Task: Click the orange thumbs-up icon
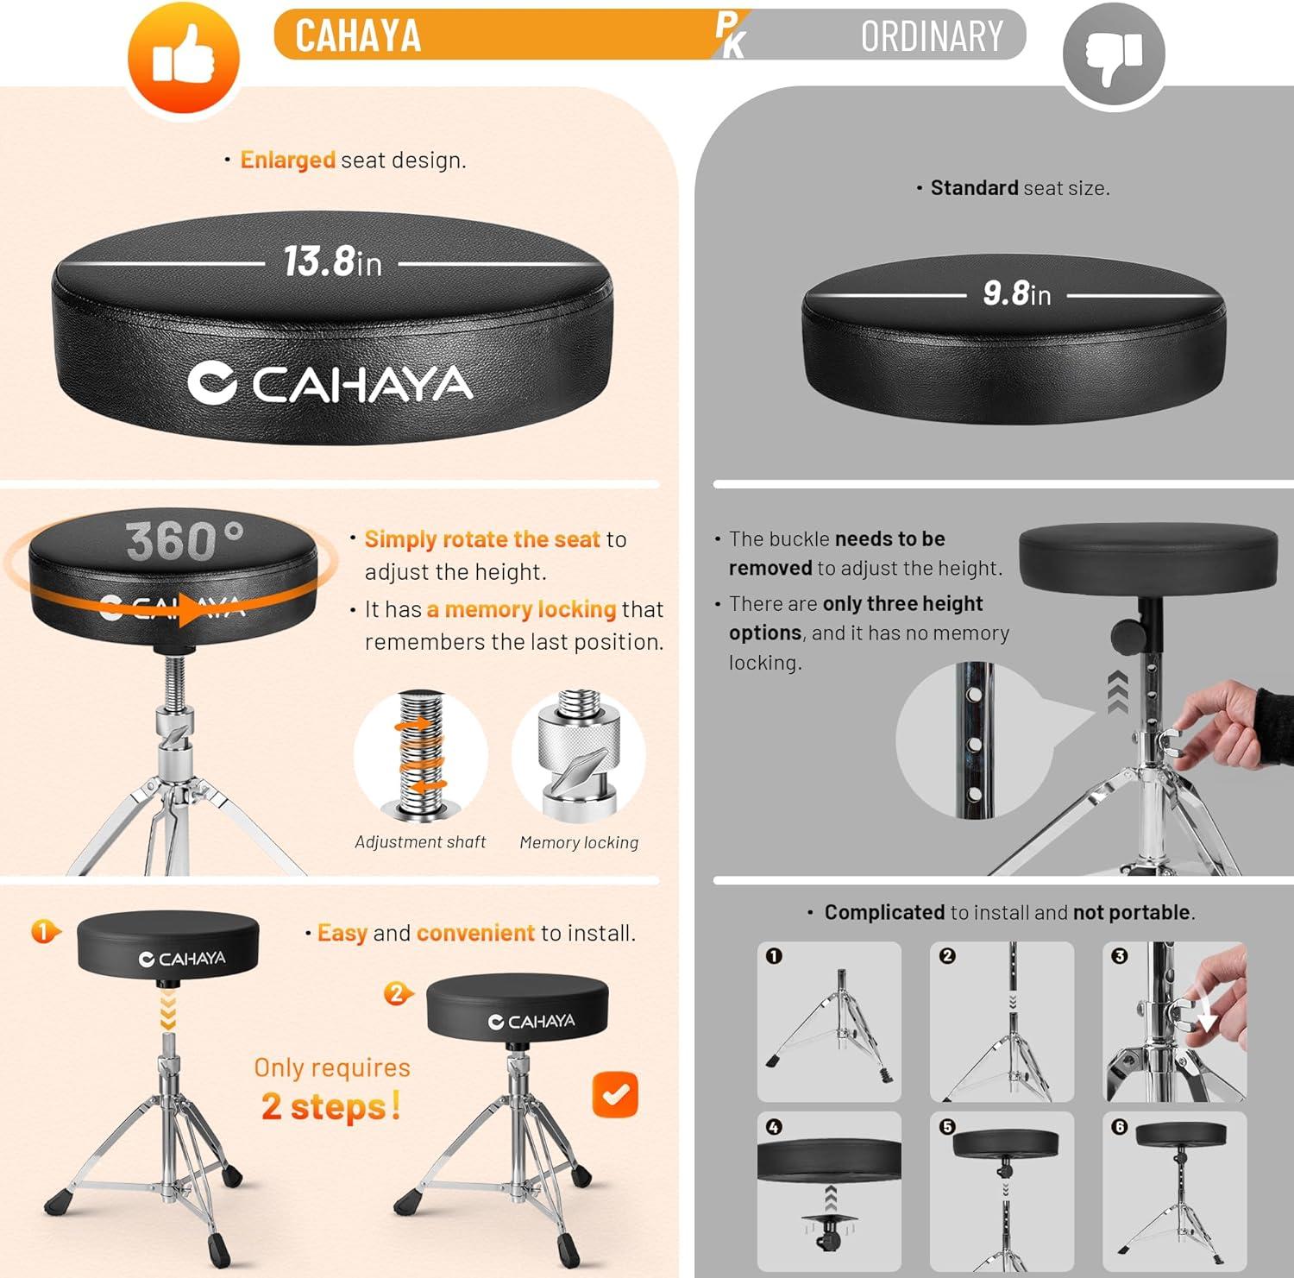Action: (x=183, y=58)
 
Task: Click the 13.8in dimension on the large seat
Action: (x=332, y=261)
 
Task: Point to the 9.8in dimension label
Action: (x=1017, y=293)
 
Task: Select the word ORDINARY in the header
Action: (x=932, y=36)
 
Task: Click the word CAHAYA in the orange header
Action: (x=358, y=36)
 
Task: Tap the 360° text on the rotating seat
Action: (x=185, y=541)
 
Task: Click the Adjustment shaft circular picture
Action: (x=421, y=756)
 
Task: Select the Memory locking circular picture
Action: (x=579, y=756)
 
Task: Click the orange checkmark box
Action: (x=615, y=1094)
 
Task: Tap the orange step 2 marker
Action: (x=398, y=993)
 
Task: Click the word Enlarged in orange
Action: (x=287, y=160)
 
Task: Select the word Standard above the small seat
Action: (x=974, y=187)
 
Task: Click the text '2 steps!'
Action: (x=331, y=1106)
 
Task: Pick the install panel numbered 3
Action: (x=1175, y=1022)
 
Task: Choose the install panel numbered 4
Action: (x=829, y=1192)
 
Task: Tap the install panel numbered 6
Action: (x=1175, y=1192)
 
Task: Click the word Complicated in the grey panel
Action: (x=884, y=912)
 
